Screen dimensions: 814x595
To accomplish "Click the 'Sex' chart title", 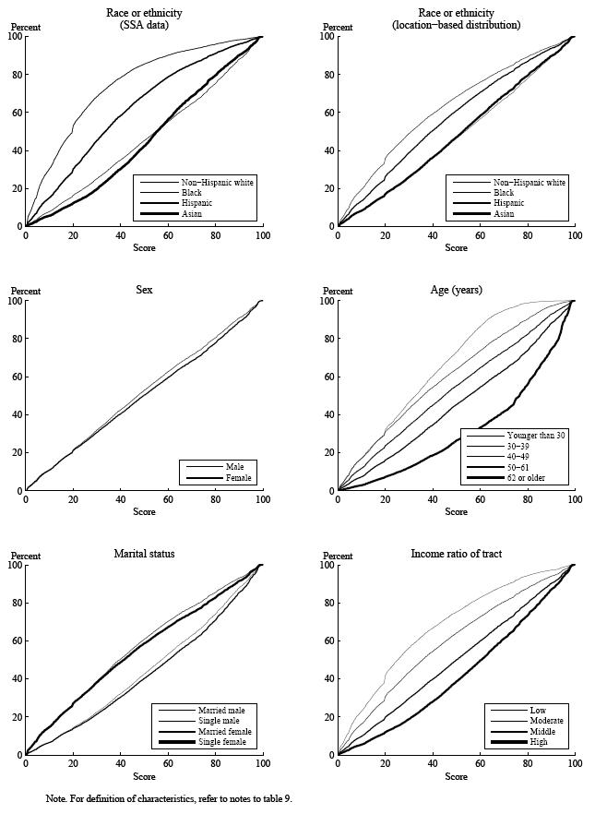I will click(x=144, y=290).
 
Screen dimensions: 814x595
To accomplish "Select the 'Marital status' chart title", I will click(x=144, y=554).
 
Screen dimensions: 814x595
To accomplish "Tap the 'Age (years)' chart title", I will click(x=456, y=290).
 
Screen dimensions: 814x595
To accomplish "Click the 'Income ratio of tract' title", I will click(x=456, y=554).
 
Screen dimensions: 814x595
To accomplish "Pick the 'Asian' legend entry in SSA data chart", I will click(x=191, y=213).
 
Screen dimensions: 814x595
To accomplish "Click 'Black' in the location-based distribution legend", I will click(x=502, y=193).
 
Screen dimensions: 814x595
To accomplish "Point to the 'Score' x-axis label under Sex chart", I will click(x=144, y=511).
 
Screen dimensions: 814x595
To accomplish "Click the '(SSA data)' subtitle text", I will click(x=144, y=25).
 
